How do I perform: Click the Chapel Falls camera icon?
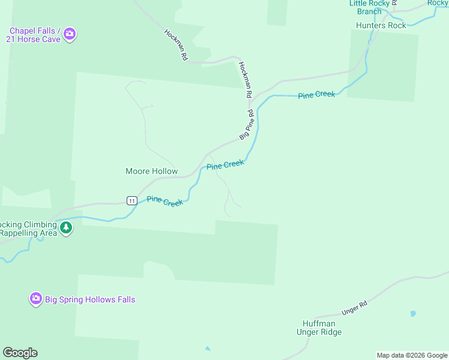[x=70, y=34]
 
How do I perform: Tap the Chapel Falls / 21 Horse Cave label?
[x=34, y=35]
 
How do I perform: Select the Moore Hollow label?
[x=151, y=171]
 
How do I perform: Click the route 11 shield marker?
[x=131, y=200]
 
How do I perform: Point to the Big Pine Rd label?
[x=247, y=125]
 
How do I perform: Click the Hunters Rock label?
[x=381, y=25]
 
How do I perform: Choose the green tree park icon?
[x=66, y=227]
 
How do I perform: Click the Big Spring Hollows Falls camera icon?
[x=36, y=298]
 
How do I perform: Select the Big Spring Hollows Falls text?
[x=90, y=299]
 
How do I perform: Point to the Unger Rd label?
[x=354, y=307]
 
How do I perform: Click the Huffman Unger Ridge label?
[x=319, y=328]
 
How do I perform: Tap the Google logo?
[x=20, y=353]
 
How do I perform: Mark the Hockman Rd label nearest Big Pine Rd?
[x=244, y=80]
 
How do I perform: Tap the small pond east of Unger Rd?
[x=413, y=313]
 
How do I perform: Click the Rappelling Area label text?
[x=28, y=233]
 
